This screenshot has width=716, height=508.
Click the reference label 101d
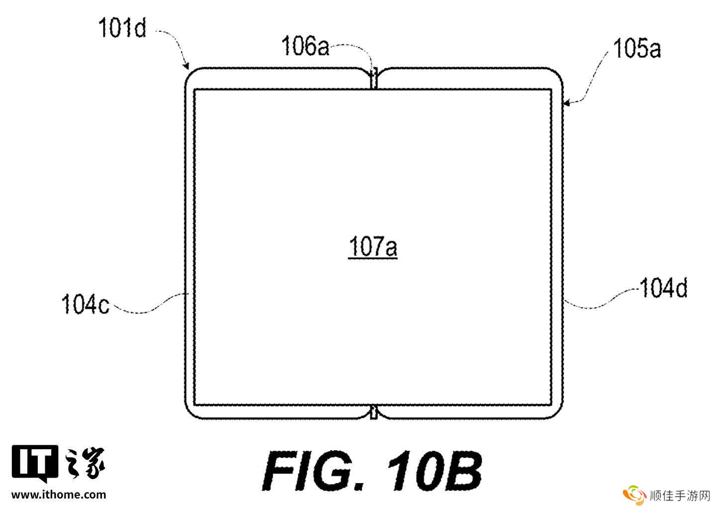(122, 28)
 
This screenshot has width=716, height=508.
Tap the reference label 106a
(305, 46)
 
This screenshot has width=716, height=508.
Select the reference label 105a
(637, 48)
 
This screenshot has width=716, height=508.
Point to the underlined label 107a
(373, 247)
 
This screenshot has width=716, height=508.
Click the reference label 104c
(86, 304)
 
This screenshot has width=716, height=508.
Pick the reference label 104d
(664, 288)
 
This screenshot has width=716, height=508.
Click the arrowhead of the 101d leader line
(186, 66)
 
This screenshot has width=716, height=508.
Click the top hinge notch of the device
(374, 78)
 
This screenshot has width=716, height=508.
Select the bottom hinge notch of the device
(374, 412)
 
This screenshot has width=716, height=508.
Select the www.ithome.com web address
(59, 495)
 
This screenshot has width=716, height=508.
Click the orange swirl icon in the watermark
(634, 495)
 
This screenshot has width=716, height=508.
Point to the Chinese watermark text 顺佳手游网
(680, 496)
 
